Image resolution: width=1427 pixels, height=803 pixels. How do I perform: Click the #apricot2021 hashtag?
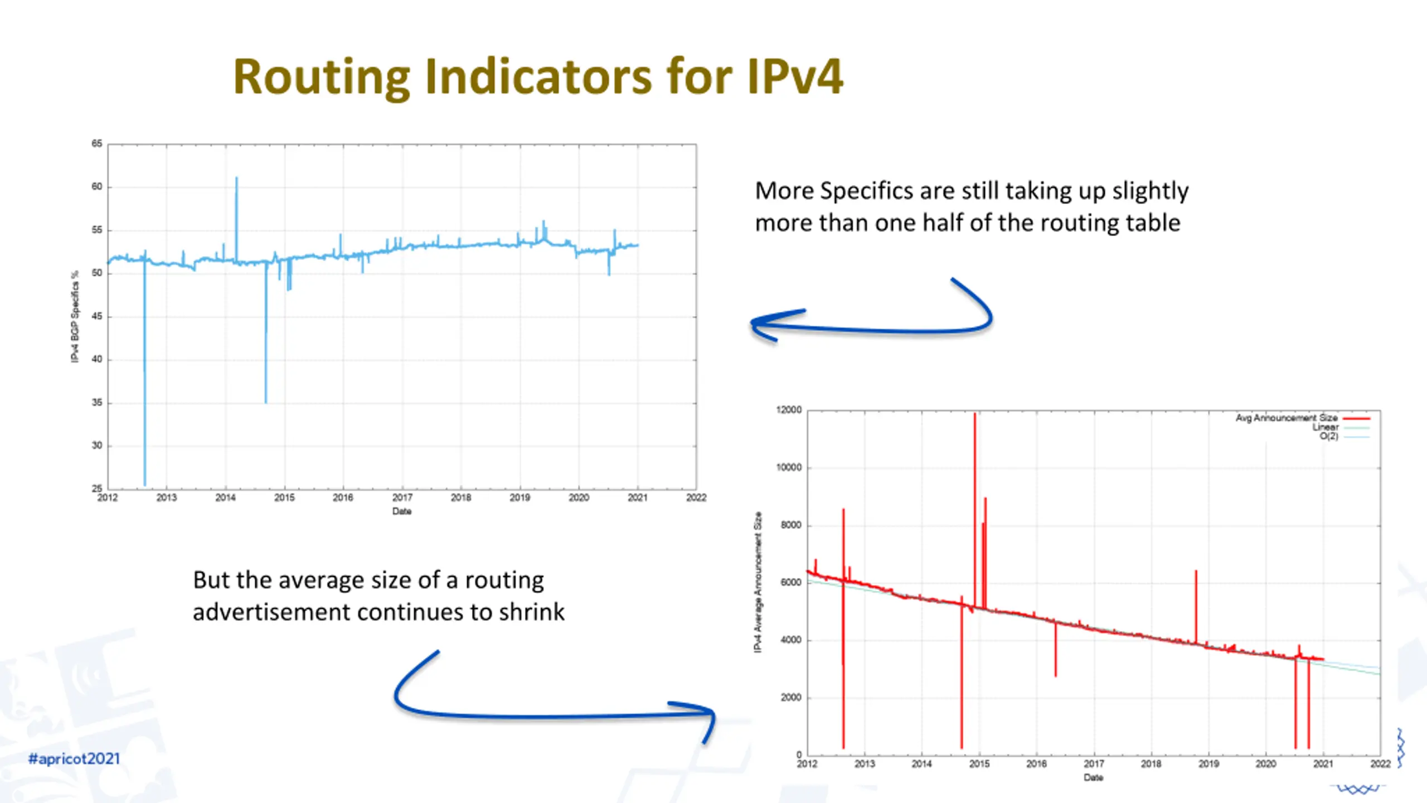(x=74, y=758)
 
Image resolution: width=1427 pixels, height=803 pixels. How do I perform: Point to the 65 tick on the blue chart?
(x=97, y=144)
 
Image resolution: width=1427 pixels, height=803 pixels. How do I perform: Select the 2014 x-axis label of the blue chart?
(x=225, y=497)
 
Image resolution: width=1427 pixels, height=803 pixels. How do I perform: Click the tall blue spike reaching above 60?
(x=236, y=180)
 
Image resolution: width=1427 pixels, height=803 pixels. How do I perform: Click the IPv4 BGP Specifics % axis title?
(x=75, y=317)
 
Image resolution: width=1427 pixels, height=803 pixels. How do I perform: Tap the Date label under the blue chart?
(x=401, y=511)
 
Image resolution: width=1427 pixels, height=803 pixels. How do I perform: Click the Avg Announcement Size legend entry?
(x=1287, y=418)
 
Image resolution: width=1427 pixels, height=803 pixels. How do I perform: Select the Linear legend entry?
(x=1325, y=427)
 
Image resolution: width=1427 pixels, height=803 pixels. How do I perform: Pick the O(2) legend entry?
(x=1328, y=436)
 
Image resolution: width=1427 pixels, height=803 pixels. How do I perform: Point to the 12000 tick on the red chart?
(x=789, y=410)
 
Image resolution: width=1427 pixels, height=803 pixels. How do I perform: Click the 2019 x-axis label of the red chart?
(x=1208, y=764)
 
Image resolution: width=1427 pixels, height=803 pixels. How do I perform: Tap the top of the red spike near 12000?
(x=975, y=415)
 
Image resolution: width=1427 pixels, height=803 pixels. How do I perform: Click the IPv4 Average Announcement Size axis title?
(x=758, y=582)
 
